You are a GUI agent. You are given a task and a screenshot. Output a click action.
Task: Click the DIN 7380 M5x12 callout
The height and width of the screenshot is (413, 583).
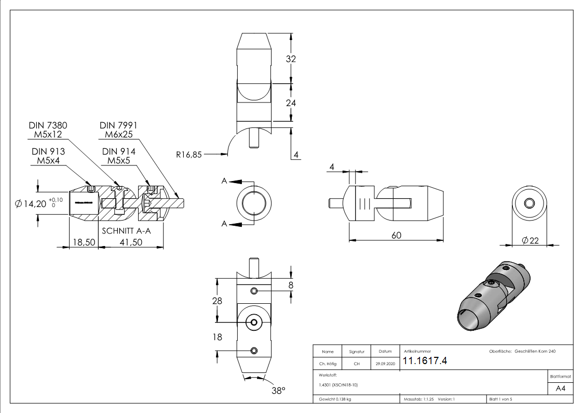pyautogui.click(x=48, y=130)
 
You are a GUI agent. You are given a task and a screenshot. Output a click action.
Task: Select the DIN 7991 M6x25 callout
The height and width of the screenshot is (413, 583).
pyautogui.click(x=119, y=130)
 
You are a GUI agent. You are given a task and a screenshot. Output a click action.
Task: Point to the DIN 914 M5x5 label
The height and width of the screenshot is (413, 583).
pyautogui.click(x=119, y=156)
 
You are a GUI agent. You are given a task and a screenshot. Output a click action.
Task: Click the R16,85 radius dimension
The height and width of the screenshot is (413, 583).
pyautogui.click(x=188, y=154)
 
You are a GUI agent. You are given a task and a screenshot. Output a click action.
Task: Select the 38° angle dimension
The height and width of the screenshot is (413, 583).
pyautogui.click(x=278, y=391)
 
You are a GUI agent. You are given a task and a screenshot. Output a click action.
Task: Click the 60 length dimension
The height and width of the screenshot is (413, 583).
pyautogui.click(x=396, y=235)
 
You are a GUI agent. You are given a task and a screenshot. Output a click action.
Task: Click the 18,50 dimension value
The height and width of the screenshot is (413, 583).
pyautogui.click(x=83, y=242)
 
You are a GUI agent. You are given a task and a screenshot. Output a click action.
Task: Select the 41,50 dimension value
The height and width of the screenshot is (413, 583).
pyautogui.click(x=131, y=242)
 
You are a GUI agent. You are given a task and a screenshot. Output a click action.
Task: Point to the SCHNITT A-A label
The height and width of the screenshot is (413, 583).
pyautogui.click(x=126, y=231)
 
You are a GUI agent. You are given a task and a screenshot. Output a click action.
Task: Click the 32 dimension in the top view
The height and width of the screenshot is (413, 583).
pyautogui.click(x=291, y=59)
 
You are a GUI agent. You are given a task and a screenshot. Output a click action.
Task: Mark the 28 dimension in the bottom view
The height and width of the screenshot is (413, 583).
pyautogui.click(x=217, y=301)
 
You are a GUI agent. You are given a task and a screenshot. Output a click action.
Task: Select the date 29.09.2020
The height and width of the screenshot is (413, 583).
pyautogui.click(x=385, y=364)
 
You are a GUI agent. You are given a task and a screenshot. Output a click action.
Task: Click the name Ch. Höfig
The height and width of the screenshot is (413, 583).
pyautogui.click(x=328, y=364)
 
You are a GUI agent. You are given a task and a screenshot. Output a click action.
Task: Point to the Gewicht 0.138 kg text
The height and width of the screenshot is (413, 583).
pyautogui.click(x=335, y=399)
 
